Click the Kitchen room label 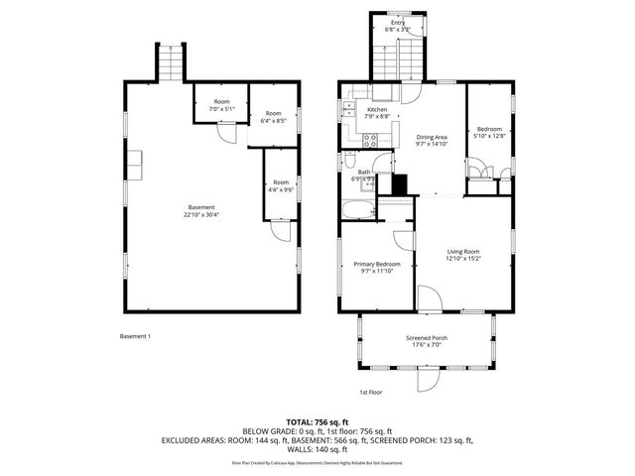pos(377,109)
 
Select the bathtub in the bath pos(356,208)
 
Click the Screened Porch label pos(427,338)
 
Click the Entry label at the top pos(397,22)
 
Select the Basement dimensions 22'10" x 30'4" pos(201,214)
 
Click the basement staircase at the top pos(171,65)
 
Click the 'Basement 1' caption pos(134,336)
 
